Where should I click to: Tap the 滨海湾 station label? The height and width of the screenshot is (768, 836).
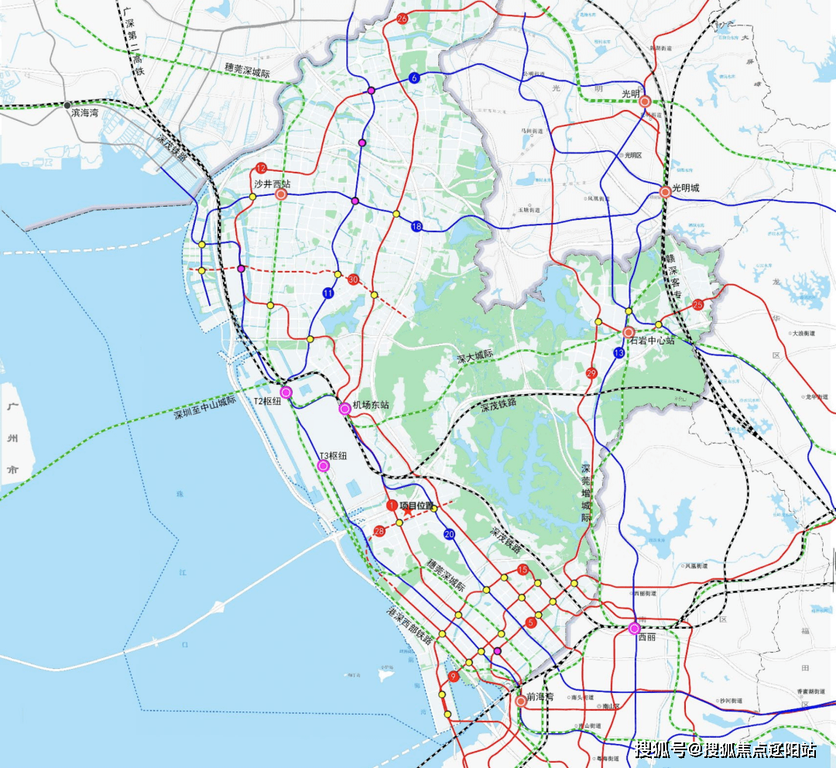(x=85, y=113)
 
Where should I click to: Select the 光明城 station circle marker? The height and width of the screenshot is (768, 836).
(x=665, y=192)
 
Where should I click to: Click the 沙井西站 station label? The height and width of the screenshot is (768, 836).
(x=272, y=184)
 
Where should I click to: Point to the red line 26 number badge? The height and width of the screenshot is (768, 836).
(x=402, y=19)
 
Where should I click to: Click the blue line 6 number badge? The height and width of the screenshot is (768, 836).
(x=414, y=78)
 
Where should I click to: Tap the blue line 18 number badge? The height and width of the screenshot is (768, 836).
(x=416, y=226)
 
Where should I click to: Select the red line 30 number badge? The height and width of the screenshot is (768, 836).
(x=354, y=279)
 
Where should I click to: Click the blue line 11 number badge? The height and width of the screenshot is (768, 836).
(x=328, y=293)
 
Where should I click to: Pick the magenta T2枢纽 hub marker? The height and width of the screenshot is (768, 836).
(x=286, y=393)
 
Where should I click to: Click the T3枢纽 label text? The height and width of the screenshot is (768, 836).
(x=334, y=456)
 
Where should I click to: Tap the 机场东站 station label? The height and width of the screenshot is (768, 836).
(x=370, y=405)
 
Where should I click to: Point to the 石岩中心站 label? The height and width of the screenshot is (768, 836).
(x=651, y=341)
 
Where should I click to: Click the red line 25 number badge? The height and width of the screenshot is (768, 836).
(x=698, y=304)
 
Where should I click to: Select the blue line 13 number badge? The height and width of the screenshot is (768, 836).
(x=618, y=353)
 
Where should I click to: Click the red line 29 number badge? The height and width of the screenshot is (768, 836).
(x=592, y=373)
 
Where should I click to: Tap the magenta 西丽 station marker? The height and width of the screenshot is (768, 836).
(x=635, y=628)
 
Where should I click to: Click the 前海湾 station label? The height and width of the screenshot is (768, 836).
(x=540, y=697)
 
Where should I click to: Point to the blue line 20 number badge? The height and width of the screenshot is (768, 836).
(x=449, y=534)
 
